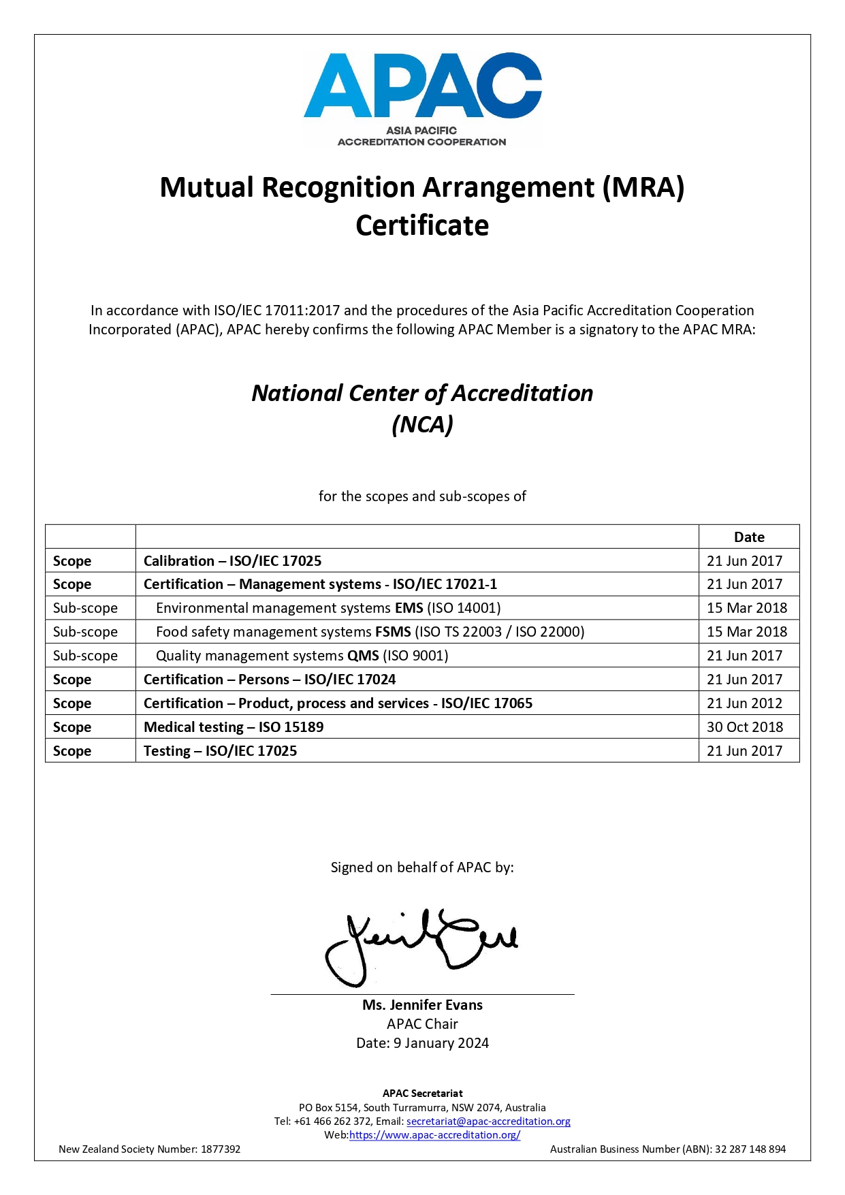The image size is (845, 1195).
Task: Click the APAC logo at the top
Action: coord(422,99)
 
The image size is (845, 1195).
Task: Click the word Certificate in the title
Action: coord(422,225)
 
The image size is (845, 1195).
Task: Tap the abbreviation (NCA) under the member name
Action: coord(422,424)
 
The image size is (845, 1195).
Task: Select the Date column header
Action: coord(749,537)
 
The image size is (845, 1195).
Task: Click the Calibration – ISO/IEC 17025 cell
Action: coord(232,561)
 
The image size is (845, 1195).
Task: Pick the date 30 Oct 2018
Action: coord(745,727)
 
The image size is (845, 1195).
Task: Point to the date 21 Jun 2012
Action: coord(744,703)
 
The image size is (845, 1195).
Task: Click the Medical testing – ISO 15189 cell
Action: coord(234,727)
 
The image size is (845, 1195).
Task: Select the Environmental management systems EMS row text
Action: coord(328,608)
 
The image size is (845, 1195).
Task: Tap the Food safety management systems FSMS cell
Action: coord(370,632)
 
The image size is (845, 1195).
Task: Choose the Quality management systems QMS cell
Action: coord(302,656)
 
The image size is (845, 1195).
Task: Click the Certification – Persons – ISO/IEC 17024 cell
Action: coord(270,680)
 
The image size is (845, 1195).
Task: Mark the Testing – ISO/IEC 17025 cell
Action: coord(220,751)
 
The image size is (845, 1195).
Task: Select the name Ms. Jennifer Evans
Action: coord(422,1005)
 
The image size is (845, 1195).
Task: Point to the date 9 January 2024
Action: coord(441,1043)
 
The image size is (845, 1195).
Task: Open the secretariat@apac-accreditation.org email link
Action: coord(488,1121)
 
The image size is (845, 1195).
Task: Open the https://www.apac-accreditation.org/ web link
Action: coord(434,1135)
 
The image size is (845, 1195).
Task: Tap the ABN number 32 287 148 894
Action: coord(750,1149)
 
